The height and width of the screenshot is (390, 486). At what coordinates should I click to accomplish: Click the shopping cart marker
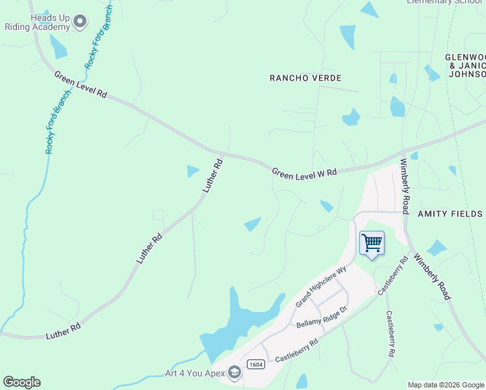(x=372, y=244)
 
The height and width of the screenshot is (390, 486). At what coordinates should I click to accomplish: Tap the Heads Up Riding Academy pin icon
(x=80, y=22)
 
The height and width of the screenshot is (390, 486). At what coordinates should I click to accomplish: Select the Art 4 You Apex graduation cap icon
(x=235, y=372)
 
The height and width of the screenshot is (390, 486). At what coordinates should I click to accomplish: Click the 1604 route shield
(x=256, y=365)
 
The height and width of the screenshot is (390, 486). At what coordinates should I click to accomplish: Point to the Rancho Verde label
(x=305, y=78)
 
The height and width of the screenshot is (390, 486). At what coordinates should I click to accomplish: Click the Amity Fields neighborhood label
(x=450, y=214)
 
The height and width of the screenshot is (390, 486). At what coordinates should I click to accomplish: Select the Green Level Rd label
(x=81, y=84)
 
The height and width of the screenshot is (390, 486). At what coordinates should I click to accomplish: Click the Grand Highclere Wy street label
(x=321, y=287)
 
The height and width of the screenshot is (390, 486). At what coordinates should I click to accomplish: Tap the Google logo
(x=21, y=382)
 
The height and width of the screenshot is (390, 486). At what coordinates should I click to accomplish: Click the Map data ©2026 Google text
(x=445, y=385)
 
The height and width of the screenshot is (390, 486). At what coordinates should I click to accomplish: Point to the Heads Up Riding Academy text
(x=37, y=22)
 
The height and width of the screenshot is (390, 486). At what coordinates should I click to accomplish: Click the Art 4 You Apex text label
(x=194, y=373)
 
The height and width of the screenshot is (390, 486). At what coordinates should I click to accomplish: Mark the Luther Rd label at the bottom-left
(x=63, y=331)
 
